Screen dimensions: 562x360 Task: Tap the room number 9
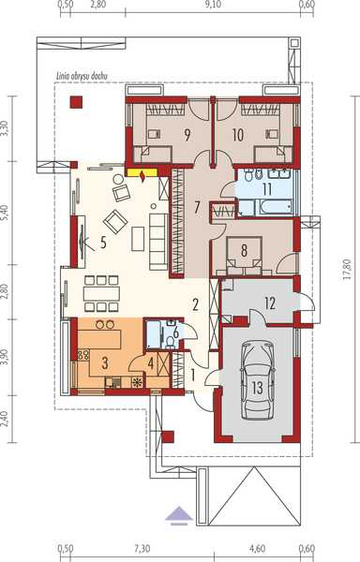tap(187, 134)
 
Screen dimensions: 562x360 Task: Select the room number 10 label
tap(237, 134)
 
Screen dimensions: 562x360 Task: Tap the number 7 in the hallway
tap(197, 205)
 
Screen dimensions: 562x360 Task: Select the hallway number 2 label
tap(196, 304)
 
